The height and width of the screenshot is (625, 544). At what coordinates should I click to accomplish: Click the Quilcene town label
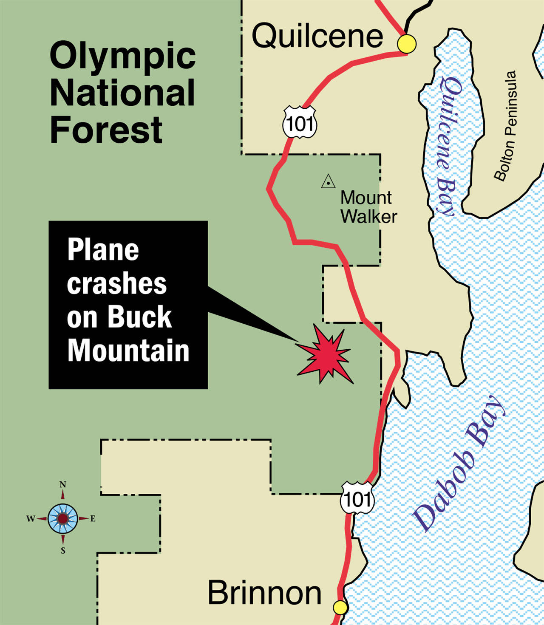coord(317,36)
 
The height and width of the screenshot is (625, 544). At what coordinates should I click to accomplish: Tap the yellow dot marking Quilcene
coord(407,43)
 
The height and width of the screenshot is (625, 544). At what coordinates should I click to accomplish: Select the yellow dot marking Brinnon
coord(340,608)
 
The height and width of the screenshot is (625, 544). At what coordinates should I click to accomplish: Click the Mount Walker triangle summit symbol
coord(328,182)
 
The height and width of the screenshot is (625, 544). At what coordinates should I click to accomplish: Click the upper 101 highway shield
coord(300,123)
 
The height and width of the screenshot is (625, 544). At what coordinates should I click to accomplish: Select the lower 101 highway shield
coord(357,498)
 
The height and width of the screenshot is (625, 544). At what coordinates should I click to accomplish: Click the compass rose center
coord(63,518)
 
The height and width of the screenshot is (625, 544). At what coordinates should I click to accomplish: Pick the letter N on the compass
coord(63,485)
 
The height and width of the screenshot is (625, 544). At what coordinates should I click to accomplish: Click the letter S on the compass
coord(63,551)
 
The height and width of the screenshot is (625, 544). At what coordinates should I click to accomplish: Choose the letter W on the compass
coord(31,519)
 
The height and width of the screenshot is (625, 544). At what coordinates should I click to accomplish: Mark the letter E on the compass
coord(93,519)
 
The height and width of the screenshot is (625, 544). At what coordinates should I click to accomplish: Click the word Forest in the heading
coord(106,130)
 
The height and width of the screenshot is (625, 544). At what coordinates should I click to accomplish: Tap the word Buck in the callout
coord(139,317)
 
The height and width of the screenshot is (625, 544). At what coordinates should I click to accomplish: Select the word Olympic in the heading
coord(123,57)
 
